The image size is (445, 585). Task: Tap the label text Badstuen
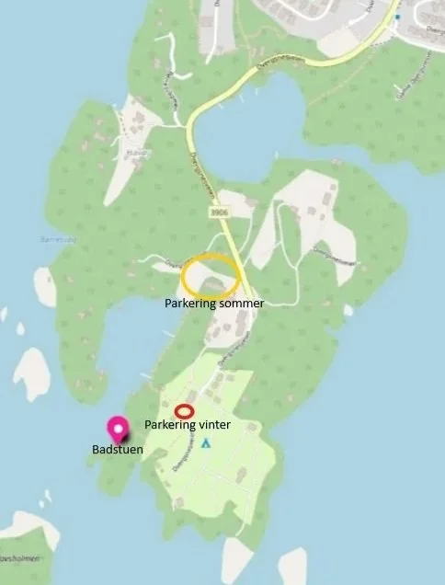coord(117,450)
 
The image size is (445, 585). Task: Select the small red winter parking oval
coord(185,411)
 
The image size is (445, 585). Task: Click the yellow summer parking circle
coord(211,275)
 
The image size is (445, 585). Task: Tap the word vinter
coord(211,426)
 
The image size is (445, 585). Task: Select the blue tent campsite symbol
coord(205,443)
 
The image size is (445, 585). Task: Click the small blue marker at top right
coord(398,17)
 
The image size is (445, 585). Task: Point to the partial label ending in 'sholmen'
coord(17,558)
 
